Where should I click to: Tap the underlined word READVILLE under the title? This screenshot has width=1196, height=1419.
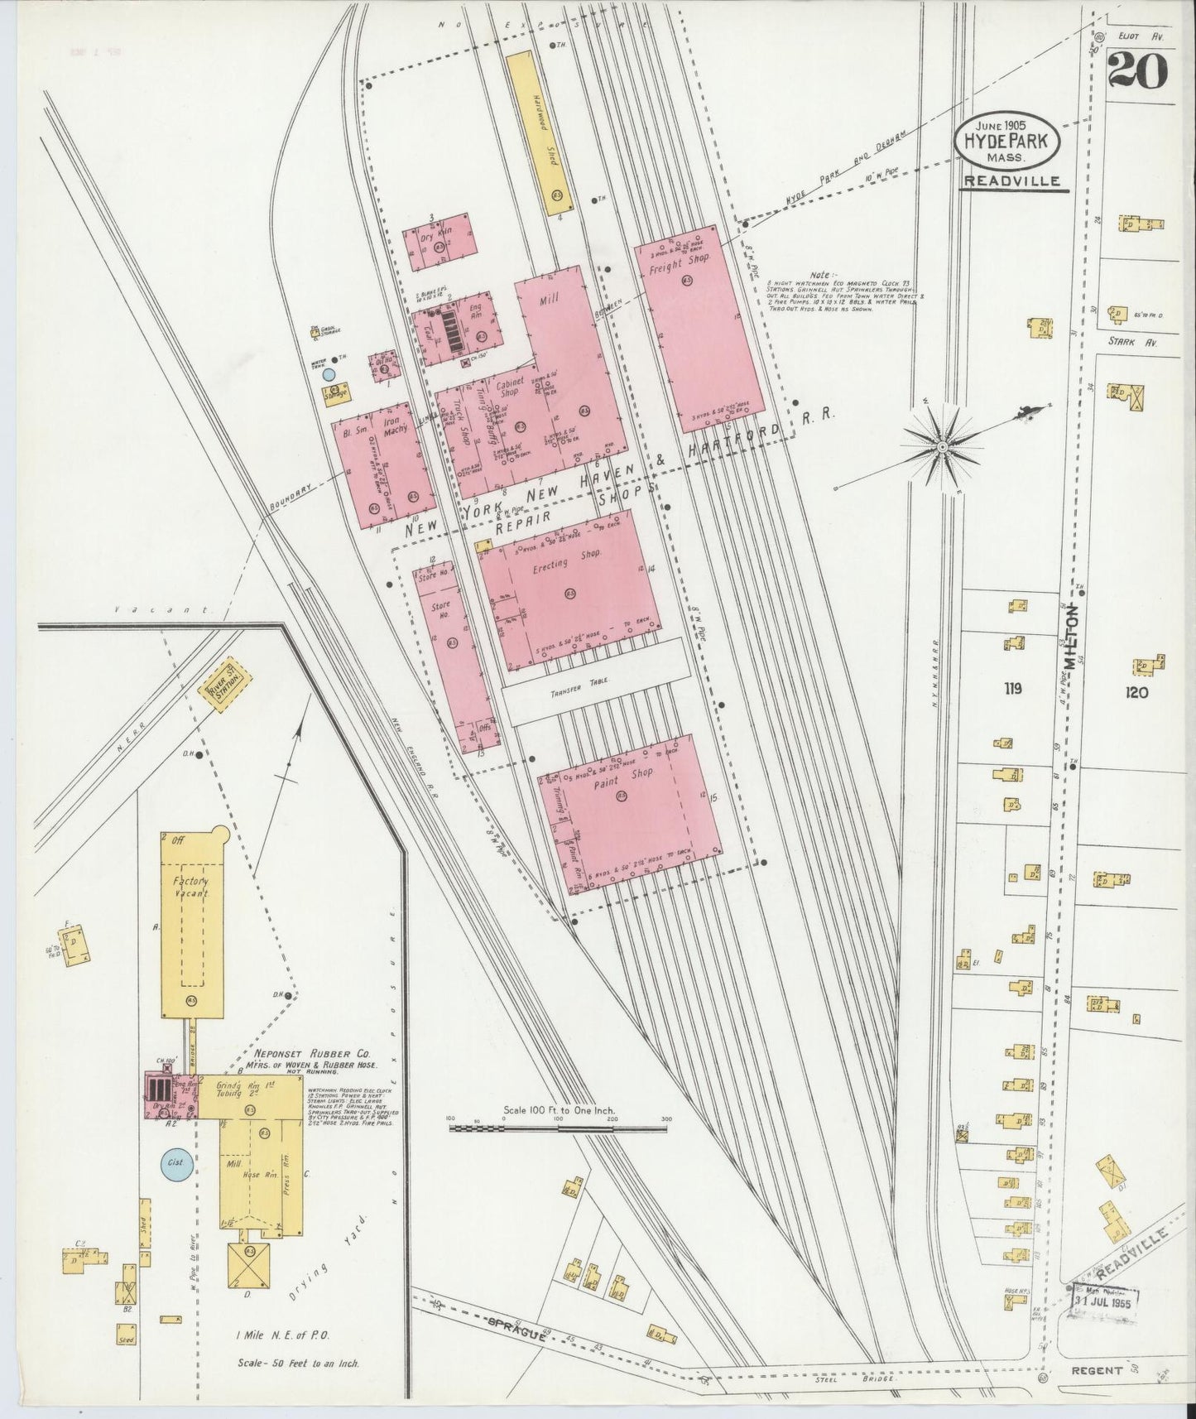[x=1013, y=181]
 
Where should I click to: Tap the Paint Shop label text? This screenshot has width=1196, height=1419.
[x=628, y=774]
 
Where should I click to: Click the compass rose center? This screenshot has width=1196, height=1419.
[x=942, y=447]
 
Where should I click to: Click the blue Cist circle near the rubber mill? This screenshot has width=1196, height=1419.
[x=175, y=1163]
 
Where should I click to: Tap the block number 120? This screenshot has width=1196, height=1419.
[x=1136, y=692]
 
